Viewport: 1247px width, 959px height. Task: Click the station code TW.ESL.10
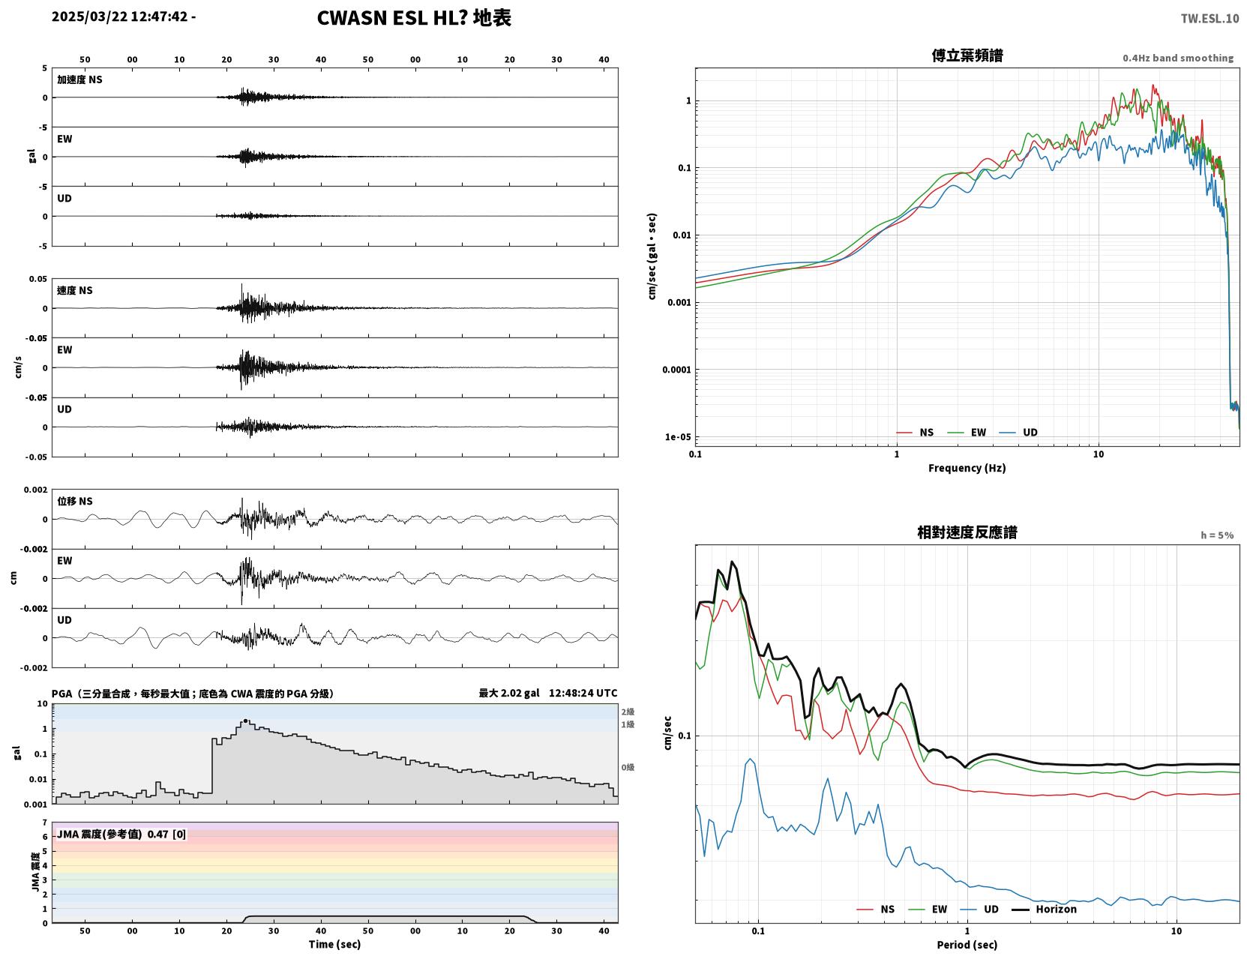1209,18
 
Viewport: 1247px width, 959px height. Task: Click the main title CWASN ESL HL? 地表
413,18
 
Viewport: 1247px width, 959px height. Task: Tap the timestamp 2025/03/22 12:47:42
120,16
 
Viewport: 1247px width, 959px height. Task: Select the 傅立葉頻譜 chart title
967,55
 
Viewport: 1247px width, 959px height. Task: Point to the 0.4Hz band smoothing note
1177,58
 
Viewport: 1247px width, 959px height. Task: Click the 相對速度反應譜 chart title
967,532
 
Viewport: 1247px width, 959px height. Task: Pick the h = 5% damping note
1216,535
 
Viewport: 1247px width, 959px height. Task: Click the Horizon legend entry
1044,909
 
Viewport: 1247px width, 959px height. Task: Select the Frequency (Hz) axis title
967,467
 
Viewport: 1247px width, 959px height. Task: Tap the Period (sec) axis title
967,944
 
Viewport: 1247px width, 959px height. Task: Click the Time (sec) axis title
334,943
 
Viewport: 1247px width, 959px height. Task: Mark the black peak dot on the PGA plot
246,721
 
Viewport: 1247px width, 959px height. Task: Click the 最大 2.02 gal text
509,693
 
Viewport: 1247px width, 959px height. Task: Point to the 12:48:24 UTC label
583,693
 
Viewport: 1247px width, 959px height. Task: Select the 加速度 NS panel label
79,79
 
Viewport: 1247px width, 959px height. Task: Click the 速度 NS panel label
74,290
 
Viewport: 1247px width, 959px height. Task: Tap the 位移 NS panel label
74,501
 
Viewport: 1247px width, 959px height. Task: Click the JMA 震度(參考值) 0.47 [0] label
121,834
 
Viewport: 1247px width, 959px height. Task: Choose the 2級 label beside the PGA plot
628,712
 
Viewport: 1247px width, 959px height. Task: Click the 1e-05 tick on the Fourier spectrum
678,437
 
